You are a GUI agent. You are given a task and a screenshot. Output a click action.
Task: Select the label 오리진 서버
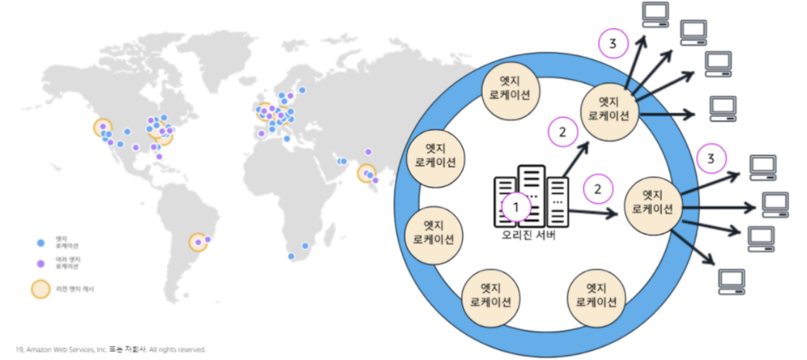click(528, 236)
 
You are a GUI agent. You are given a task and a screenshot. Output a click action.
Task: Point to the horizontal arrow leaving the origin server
click(592, 212)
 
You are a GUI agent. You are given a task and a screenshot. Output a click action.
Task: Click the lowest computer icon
click(731, 281)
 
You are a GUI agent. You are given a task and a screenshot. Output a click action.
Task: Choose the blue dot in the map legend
click(41, 243)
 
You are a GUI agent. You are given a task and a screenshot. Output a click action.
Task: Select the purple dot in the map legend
click(41, 263)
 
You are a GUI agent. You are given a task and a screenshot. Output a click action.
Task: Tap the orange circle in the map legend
click(41, 289)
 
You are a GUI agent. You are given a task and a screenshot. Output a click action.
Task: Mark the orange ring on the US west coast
click(102, 128)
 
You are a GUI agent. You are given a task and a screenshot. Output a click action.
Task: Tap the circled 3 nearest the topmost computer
click(613, 44)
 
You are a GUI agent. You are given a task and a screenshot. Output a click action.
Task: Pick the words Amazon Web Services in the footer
click(65, 349)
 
